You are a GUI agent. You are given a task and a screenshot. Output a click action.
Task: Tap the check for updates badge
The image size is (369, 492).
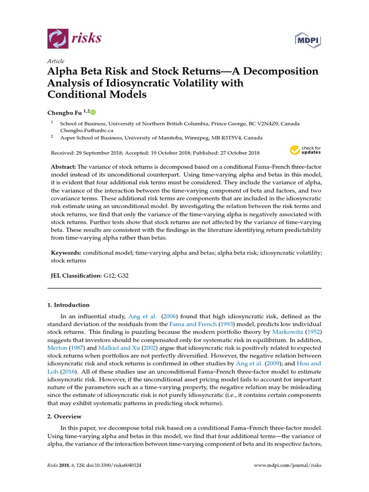point(305,150)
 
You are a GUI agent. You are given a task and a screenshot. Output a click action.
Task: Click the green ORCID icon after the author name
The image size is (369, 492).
point(93,112)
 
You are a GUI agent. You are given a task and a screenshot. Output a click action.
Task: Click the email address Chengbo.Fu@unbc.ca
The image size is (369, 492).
point(86,130)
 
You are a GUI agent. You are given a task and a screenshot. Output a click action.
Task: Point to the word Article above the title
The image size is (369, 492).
point(55,61)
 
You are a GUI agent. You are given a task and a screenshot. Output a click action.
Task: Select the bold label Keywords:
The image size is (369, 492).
point(66,252)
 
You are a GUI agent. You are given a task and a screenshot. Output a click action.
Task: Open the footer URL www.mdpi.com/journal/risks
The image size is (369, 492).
point(287,466)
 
